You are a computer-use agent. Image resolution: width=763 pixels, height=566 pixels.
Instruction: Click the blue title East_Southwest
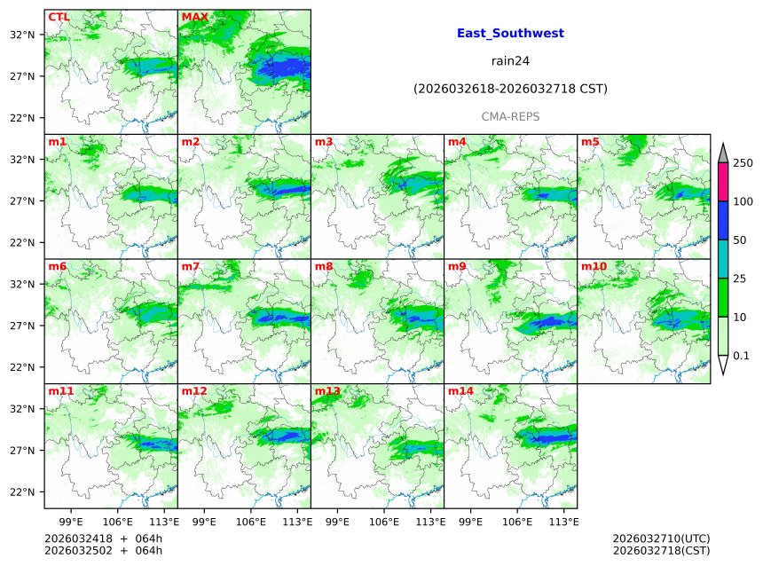point(510,34)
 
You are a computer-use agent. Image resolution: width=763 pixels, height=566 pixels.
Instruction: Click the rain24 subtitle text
point(510,61)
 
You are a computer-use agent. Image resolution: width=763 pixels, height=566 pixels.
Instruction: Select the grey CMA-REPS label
point(510,116)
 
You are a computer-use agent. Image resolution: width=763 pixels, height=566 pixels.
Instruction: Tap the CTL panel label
point(59,17)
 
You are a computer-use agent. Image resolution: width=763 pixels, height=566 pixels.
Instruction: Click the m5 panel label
point(590,142)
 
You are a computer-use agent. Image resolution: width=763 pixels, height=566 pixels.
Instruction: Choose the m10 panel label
point(594,266)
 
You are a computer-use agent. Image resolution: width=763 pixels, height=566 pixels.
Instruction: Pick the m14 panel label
point(460,391)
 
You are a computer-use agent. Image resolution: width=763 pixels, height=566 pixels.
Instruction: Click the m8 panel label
point(324,266)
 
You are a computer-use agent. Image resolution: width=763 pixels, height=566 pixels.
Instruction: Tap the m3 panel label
point(324,142)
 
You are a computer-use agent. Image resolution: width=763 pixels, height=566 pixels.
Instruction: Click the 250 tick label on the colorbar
point(743,163)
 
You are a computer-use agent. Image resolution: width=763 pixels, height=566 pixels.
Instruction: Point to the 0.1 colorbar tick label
point(742,356)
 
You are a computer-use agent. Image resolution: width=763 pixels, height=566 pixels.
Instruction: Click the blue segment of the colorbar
point(722,221)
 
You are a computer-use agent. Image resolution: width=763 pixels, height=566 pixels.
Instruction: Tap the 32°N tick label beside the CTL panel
point(21,35)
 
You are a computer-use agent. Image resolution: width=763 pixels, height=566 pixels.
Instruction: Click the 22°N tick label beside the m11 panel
point(21,492)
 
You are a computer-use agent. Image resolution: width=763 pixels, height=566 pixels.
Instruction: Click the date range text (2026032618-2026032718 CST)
point(510,89)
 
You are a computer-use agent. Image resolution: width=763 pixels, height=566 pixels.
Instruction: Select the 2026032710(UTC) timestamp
point(661,538)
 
